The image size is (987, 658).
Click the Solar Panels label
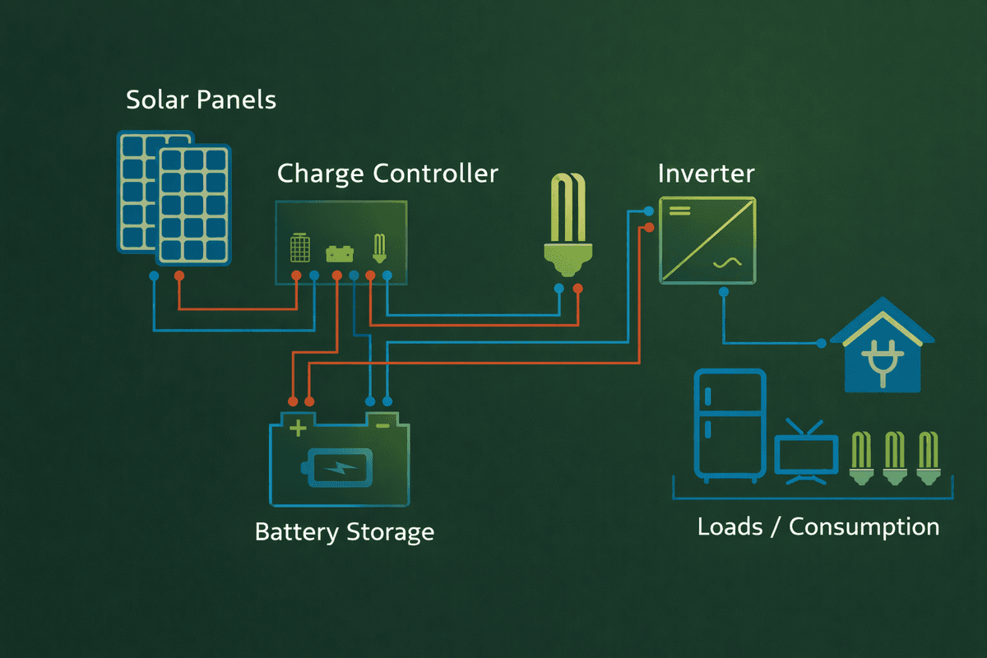tap(201, 101)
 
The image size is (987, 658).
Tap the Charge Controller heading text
tap(387, 174)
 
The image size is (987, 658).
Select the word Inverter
tap(706, 174)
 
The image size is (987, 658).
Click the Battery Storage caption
tap(344, 531)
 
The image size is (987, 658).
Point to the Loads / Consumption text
tap(818, 527)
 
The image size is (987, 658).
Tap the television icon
tap(806, 455)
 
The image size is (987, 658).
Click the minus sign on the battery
tap(382, 426)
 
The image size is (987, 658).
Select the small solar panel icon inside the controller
tap(300, 246)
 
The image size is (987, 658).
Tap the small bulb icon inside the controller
tap(379, 247)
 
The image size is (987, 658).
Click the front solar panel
tap(195, 205)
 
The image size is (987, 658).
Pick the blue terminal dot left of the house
tap(820, 343)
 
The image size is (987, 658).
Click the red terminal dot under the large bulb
tap(577, 288)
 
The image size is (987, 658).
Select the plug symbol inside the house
tap(882, 361)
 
